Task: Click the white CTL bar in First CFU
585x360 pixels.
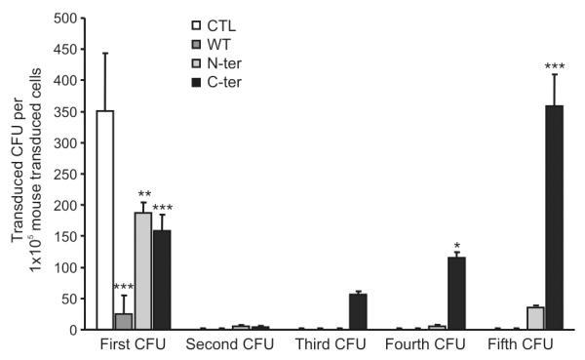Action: pyautogui.click(x=105, y=220)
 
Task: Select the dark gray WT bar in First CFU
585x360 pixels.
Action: pyautogui.click(x=123, y=322)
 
